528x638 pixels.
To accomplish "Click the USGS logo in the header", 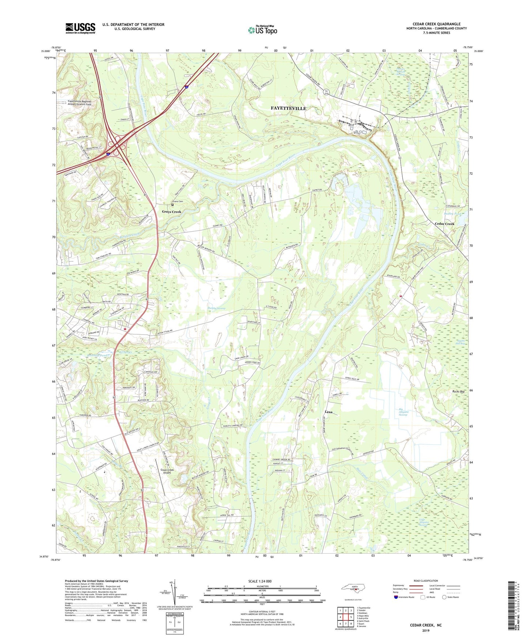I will pos(80,28).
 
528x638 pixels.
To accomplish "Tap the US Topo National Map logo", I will pos(262,30).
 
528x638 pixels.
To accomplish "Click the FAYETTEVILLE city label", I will pos(288,109).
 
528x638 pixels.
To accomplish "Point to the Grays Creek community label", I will pos(171,212).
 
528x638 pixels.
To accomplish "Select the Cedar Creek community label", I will pos(444,224).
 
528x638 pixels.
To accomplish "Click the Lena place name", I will pos(328,412).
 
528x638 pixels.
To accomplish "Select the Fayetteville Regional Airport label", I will pos(79,103).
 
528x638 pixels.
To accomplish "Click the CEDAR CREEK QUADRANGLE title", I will pos(436,24).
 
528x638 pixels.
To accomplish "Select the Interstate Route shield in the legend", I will pos(396,597).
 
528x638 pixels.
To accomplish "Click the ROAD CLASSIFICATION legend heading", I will pos(426,581).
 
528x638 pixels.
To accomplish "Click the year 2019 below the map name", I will pos(426,630).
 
